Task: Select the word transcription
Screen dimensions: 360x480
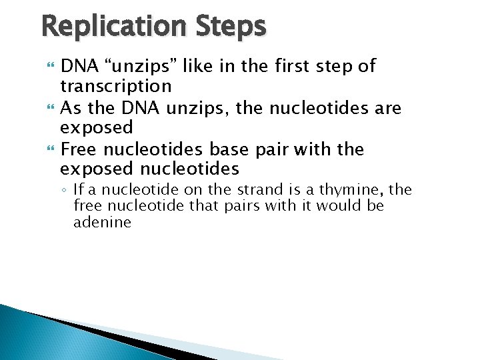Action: point(115,86)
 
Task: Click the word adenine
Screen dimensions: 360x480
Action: point(102,223)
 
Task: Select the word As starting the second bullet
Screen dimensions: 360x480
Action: point(70,107)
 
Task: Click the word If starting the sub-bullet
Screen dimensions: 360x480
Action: point(78,189)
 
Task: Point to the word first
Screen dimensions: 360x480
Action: point(295,66)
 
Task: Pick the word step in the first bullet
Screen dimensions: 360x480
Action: point(337,66)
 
